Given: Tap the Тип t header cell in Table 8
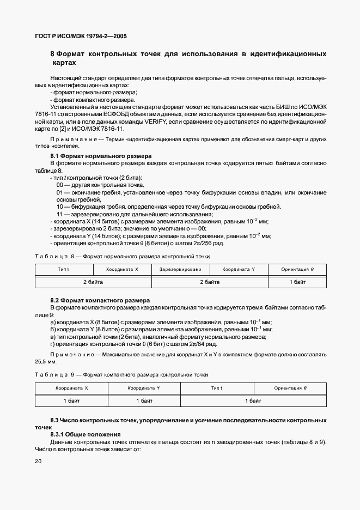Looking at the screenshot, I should (63, 270).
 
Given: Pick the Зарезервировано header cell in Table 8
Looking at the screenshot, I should (180, 270).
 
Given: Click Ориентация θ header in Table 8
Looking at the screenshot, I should (297, 270).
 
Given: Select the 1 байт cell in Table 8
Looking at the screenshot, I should (297, 282).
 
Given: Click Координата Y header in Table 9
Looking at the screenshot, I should (144, 388).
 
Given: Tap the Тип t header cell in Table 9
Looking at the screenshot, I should (217, 388).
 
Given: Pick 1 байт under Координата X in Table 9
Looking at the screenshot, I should (71, 400).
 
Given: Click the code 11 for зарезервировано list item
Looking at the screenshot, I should (60, 214).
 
